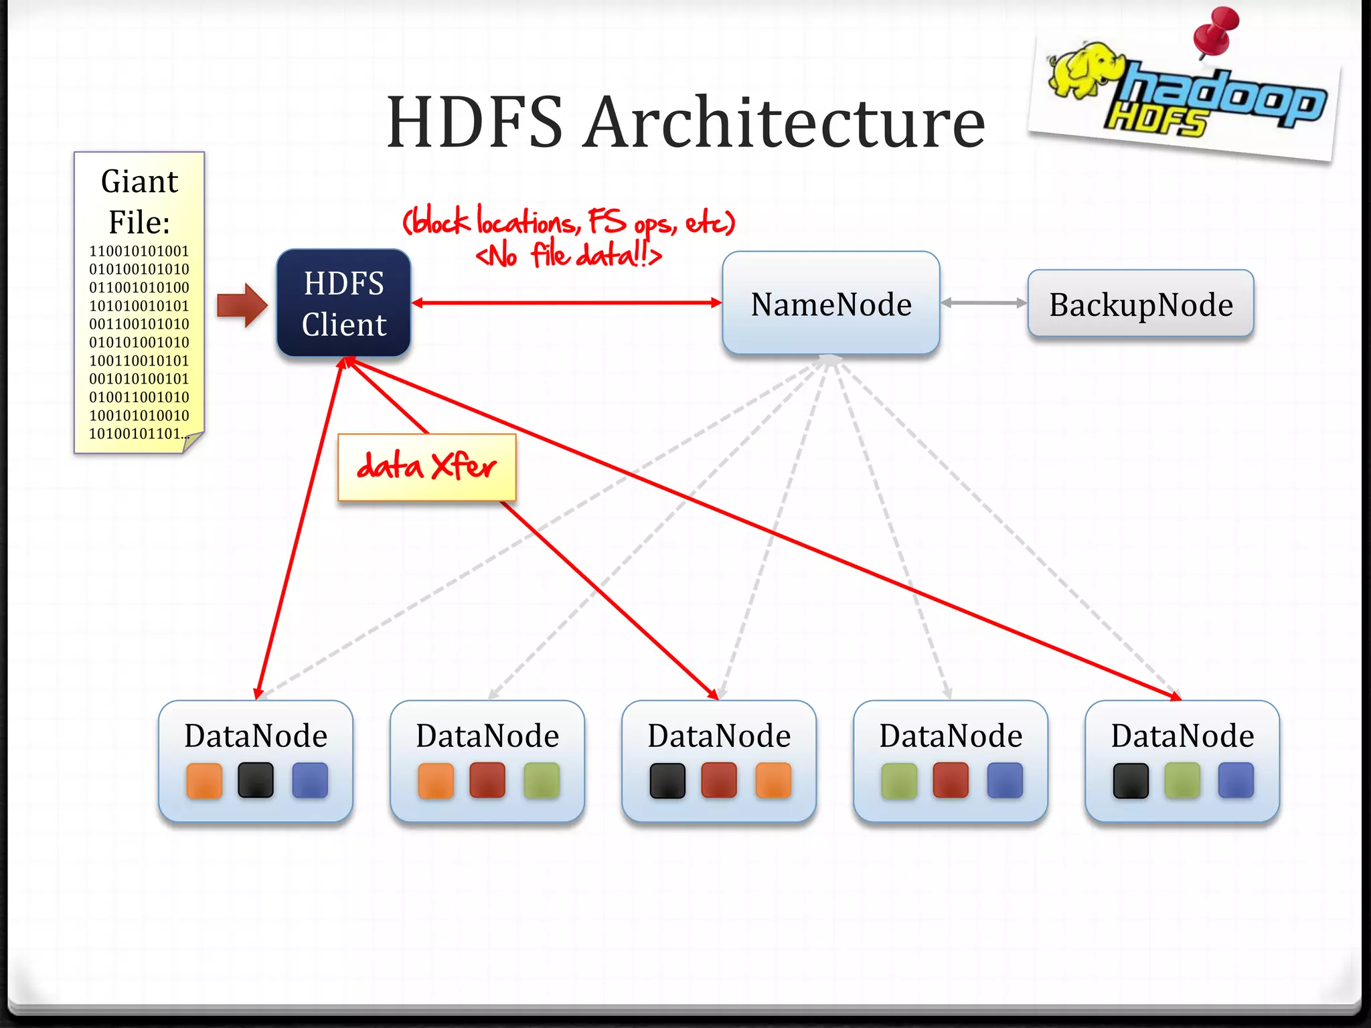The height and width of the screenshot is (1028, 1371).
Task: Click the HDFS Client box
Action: [343, 303]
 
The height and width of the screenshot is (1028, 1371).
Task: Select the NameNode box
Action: [831, 303]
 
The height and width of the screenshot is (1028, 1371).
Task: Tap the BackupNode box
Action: [1140, 304]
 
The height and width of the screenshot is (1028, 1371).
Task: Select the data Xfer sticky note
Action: [427, 466]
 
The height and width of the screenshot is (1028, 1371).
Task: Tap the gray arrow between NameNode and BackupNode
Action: [983, 303]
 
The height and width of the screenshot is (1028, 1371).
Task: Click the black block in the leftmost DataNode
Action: [256, 780]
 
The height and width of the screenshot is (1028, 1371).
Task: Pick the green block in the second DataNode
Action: [542, 780]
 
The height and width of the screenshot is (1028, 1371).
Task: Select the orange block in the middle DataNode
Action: [773, 780]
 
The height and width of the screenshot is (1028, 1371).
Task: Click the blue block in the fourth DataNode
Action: [1005, 780]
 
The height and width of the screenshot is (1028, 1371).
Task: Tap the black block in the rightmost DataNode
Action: [1131, 781]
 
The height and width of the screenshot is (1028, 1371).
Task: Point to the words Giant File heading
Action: [139, 201]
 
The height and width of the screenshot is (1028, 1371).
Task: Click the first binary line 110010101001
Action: [139, 251]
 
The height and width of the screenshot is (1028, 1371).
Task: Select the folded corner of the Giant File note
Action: [193, 442]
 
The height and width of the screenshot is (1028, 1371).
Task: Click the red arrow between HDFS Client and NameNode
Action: [566, 303]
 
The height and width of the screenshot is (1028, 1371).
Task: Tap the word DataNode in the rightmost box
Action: [1182, 736]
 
